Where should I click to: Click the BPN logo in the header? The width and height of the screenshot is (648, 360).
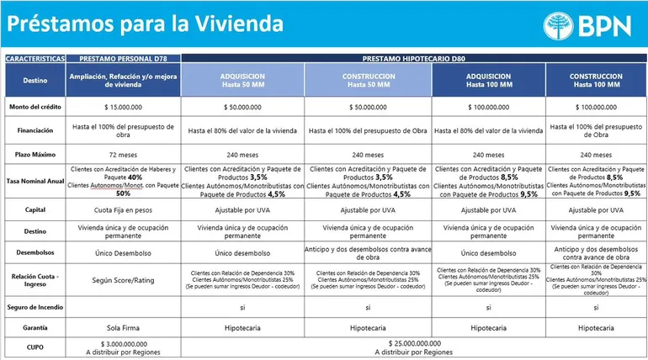[587, 25]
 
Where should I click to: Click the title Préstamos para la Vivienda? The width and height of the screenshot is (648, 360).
[145, 24]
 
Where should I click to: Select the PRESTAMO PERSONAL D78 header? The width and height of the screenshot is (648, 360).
[123, 60]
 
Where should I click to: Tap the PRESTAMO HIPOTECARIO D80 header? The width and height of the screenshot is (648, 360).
[414, 60]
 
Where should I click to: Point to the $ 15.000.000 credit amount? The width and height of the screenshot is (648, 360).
[123, 107]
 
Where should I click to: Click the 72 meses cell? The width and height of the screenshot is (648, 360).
[123, 155]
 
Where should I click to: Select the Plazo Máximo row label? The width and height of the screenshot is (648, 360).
[35, 155]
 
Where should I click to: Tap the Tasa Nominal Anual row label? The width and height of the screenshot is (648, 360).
[35, 181]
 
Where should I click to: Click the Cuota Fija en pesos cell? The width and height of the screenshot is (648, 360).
[123, 209]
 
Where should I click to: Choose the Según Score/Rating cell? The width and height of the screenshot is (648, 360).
[123, 278]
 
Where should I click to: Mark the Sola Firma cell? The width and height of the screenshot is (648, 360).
[123, 328]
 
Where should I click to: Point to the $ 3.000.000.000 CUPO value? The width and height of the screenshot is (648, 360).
[123, 344]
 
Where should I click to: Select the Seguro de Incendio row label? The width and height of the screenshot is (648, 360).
[35, 308]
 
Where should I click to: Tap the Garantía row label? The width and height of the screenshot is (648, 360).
[35, 328]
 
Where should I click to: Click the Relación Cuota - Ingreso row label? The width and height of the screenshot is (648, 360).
[35, 278]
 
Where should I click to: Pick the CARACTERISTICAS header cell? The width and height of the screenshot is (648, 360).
[35, 60]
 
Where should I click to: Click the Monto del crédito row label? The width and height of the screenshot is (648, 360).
[35, 107]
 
